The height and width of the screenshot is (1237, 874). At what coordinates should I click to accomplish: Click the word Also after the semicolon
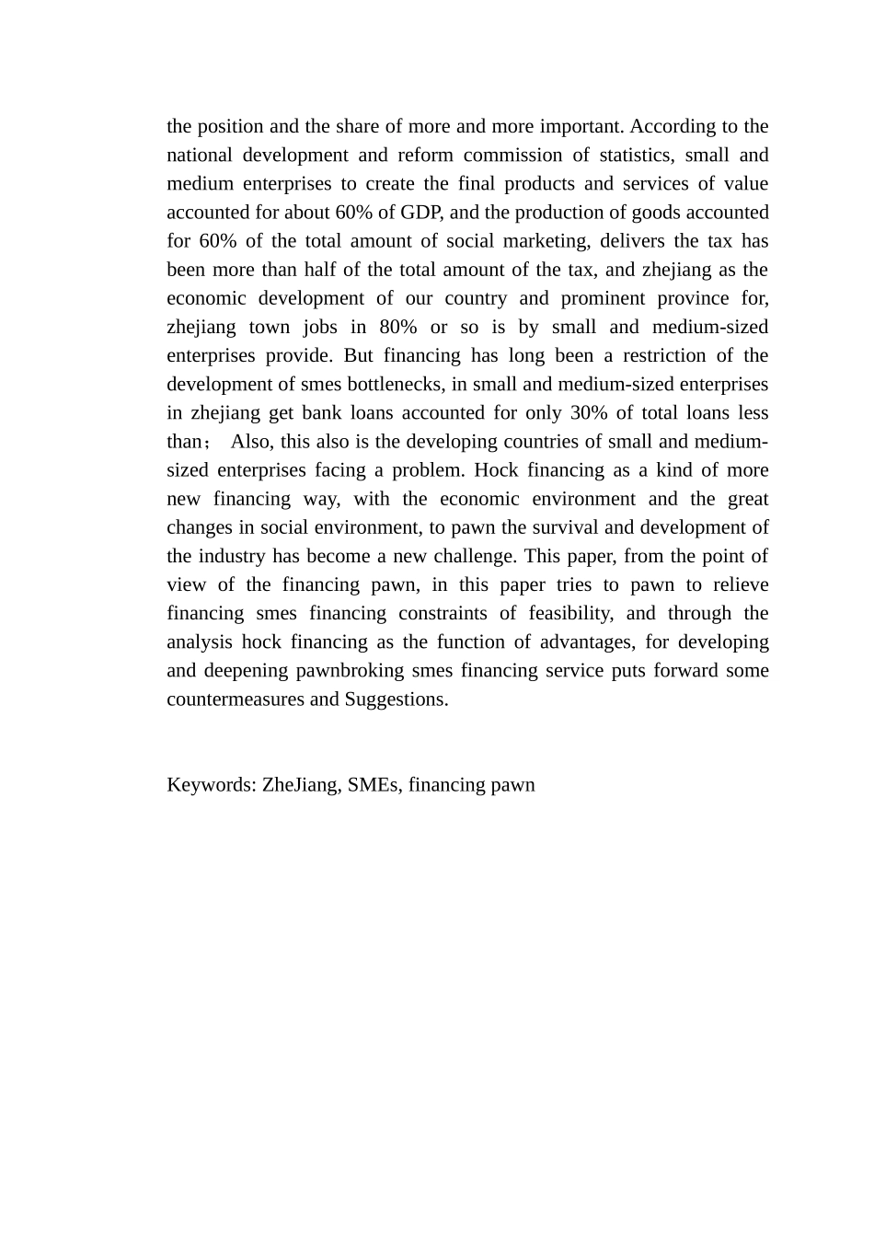[250, 441]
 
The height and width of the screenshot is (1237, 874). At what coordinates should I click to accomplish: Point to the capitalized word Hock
[494, 469]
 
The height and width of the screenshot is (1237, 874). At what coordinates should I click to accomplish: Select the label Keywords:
[211, 784]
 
